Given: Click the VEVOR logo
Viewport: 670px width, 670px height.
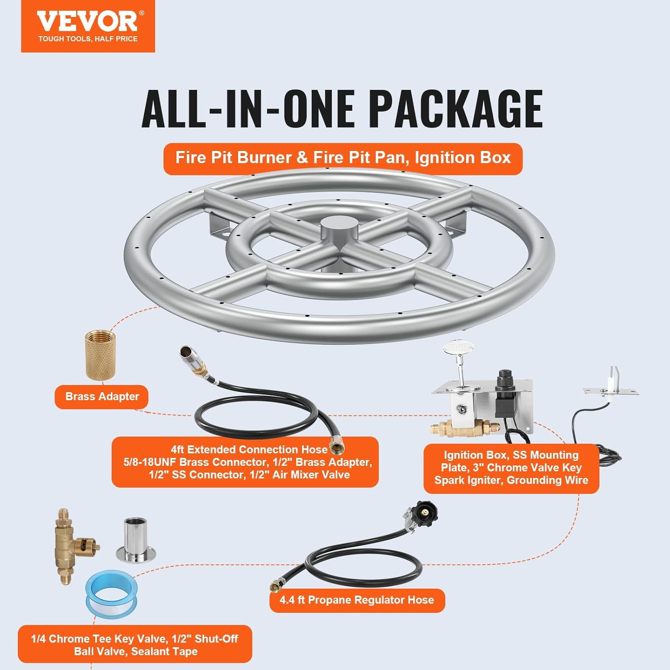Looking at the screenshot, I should pos(88,21).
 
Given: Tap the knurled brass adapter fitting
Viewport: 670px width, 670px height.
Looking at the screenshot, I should pos(100,355).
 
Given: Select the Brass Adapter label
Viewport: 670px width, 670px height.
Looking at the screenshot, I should pos(102,397).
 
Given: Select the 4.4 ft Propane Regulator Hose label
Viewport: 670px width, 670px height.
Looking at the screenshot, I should pos(357,600).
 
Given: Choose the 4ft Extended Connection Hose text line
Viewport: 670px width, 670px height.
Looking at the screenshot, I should pos(249,450).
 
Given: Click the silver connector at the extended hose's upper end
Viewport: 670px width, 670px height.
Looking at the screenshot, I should pos(188,355).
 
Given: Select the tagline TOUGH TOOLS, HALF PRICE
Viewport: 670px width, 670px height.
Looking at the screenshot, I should pos(88,39).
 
